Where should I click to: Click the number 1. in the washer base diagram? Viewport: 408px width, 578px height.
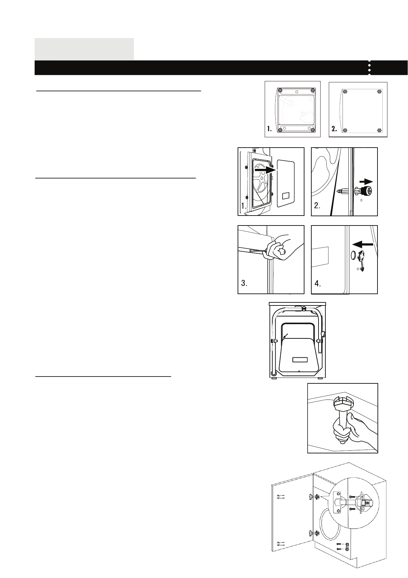point(269,129)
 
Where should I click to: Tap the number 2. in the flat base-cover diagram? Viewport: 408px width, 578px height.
point(334,129)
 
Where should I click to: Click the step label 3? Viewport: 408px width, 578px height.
point(244,284)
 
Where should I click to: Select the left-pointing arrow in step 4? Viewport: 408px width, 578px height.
point(362,244)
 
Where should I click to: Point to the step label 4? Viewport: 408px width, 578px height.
point(318,284)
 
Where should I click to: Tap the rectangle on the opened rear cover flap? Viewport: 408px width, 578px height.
point(300,360)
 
